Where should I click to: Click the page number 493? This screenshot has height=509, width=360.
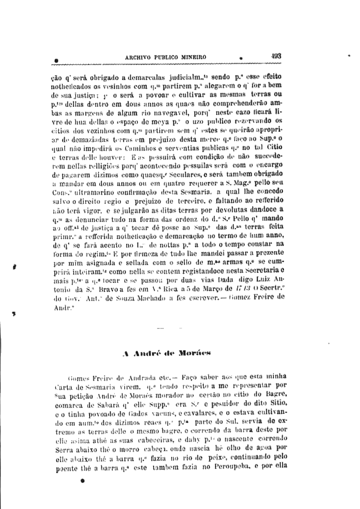tap(276, 56)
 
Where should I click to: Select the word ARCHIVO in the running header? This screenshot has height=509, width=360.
tap(139, 57)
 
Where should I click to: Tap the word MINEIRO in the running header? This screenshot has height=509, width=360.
tap(193, 57)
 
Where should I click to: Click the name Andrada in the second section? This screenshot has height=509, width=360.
tap(142, 377)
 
